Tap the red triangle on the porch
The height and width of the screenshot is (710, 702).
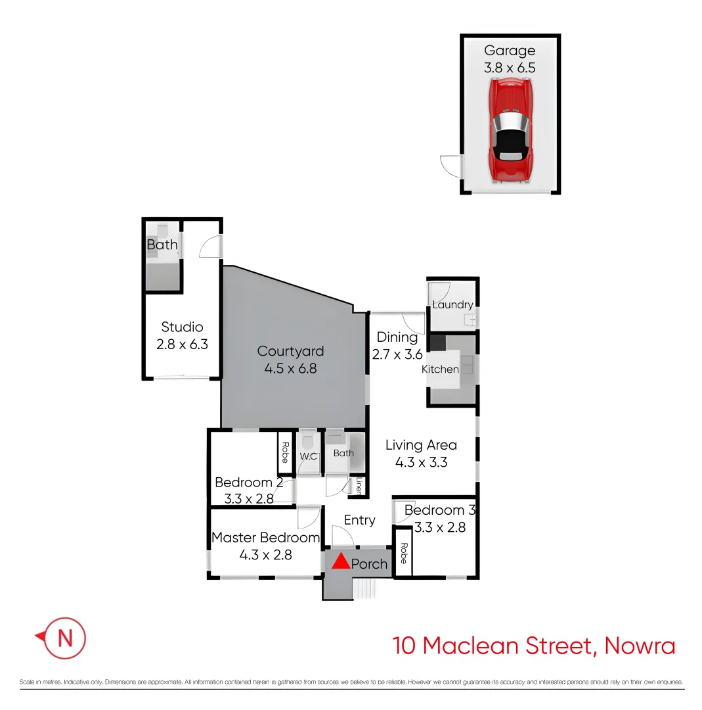340,562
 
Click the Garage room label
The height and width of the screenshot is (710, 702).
510,51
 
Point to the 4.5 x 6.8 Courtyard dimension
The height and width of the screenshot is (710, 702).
290,369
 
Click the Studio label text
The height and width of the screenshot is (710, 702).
182,327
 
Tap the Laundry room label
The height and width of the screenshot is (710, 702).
453,305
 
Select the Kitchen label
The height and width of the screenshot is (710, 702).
440,369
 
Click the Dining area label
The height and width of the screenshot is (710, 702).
397,337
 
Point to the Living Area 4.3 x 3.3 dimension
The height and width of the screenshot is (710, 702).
421,462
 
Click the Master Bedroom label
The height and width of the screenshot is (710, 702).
265,538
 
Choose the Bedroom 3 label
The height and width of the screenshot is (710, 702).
439,510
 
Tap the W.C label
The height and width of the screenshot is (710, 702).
309,456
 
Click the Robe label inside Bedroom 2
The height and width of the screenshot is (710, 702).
285,452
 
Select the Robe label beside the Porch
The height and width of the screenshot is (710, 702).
403,553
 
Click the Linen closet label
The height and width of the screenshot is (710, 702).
359,486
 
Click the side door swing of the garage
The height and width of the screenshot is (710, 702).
450,164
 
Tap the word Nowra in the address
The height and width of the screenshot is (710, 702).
639,646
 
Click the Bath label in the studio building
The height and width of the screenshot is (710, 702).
162,245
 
